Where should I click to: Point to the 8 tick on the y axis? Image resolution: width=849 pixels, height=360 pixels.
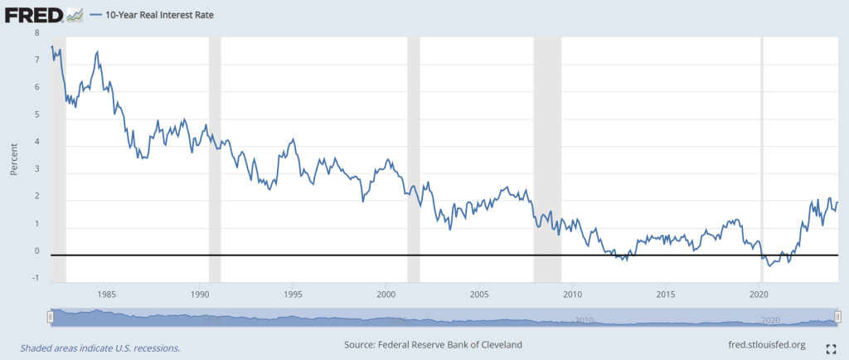pos(36,33)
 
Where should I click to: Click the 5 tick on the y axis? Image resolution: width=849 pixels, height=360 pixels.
pos(36,114)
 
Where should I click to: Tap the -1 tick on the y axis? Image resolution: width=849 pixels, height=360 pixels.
pos(35,278)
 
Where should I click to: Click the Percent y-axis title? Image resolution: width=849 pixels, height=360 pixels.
pos(14,158)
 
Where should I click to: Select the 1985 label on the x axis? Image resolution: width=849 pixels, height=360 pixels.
pos(105,294)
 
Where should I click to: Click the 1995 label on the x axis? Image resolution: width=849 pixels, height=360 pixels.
pos(292,294)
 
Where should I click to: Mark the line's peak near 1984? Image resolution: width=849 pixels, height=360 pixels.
pos(98,51)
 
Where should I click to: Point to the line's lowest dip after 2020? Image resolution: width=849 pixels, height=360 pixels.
pos(770,266)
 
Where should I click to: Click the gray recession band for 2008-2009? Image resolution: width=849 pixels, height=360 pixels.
pos(547,158)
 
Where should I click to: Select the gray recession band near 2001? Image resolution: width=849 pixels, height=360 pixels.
pos(414,158)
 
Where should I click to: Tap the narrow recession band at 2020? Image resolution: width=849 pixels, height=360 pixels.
pos(762,158)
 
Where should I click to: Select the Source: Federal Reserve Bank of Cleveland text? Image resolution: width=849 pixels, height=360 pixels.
pos(432,345)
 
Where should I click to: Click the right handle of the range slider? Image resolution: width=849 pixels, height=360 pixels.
pos(837,316)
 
